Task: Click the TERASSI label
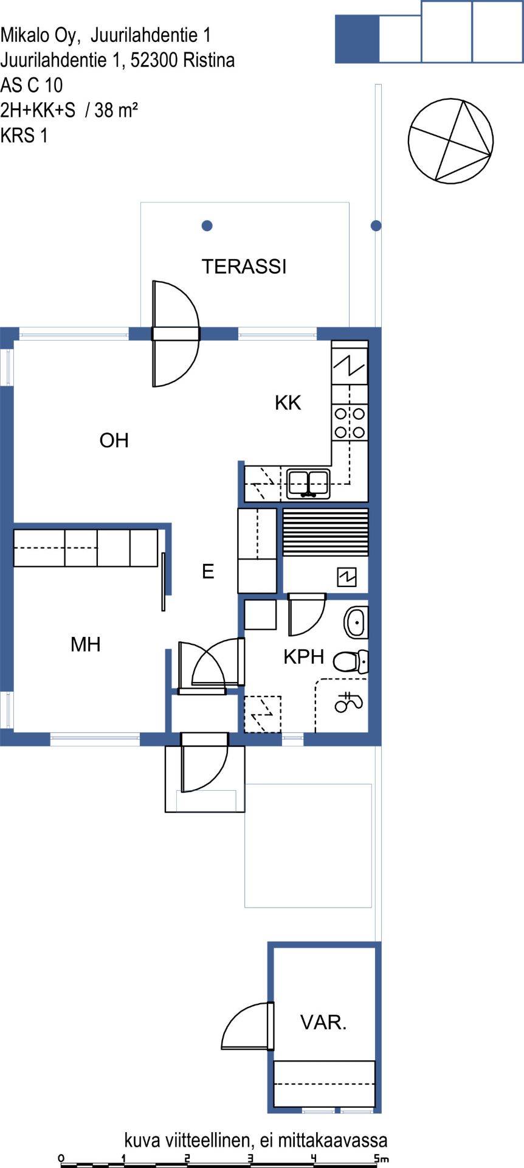[x=244, y=266]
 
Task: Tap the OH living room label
[x=114, y=440]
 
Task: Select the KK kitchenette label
[x=288, y=402]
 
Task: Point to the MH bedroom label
[x=86, y=644]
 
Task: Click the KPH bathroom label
[x=304, y=656]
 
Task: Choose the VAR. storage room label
[x=323, y=1023]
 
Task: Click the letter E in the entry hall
[x=208, y=571]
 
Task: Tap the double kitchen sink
[x=308, y=484]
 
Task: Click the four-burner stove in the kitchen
[x=350, y=423]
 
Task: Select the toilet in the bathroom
[x=351, y=661]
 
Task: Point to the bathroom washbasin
[x=356, y=622]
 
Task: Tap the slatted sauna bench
[x=326, y=532]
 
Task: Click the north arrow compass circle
[x=450, y=141]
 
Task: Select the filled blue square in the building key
[x=357, y=39]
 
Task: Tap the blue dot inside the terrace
[x=207, y=226]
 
